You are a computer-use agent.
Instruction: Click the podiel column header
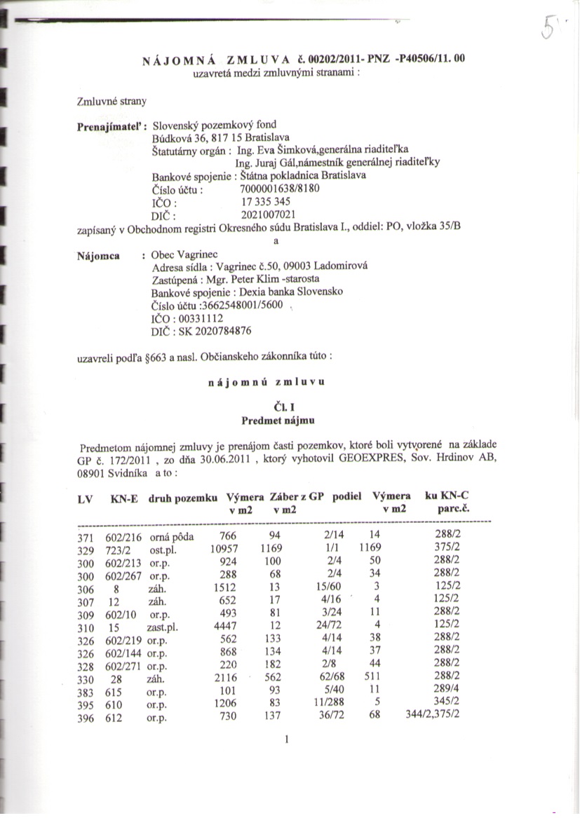click(347, 496)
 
